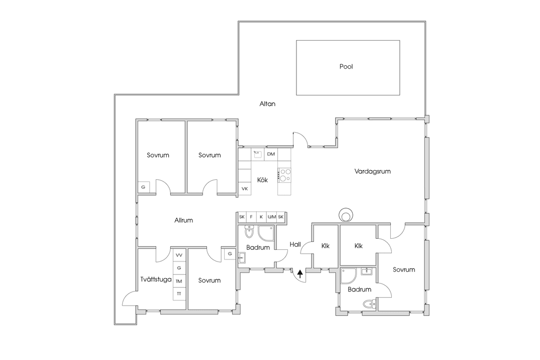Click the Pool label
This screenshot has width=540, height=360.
(x=346, y=66)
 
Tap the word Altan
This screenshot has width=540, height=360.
(x=267, y=104)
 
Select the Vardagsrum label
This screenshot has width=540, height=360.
(x=373, y=171)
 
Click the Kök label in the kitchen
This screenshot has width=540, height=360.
(x=263, y=180)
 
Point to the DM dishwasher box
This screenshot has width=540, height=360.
(x=271, y=154)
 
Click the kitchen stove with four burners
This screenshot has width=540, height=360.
(x=285, y=175)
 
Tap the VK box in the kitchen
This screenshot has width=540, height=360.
(x=245, y=189)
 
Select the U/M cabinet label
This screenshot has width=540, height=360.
(x=272, y=217)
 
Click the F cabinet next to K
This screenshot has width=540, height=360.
(x=252, y=217)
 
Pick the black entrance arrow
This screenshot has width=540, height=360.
(x=300, y=274)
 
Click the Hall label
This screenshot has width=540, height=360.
(x=295, y=245)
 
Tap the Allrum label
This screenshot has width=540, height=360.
(x=184, y=220)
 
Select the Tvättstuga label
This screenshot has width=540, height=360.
(x=156, y=279)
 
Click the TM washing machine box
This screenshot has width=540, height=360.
(x=179, y=281)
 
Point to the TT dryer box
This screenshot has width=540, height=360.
(x=179, y=294)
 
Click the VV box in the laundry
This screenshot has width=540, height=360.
(x=179, y=255)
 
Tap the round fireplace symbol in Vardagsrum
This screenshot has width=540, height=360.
(x=345, y=215)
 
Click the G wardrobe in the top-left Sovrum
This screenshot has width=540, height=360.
(x=143, y=187)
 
